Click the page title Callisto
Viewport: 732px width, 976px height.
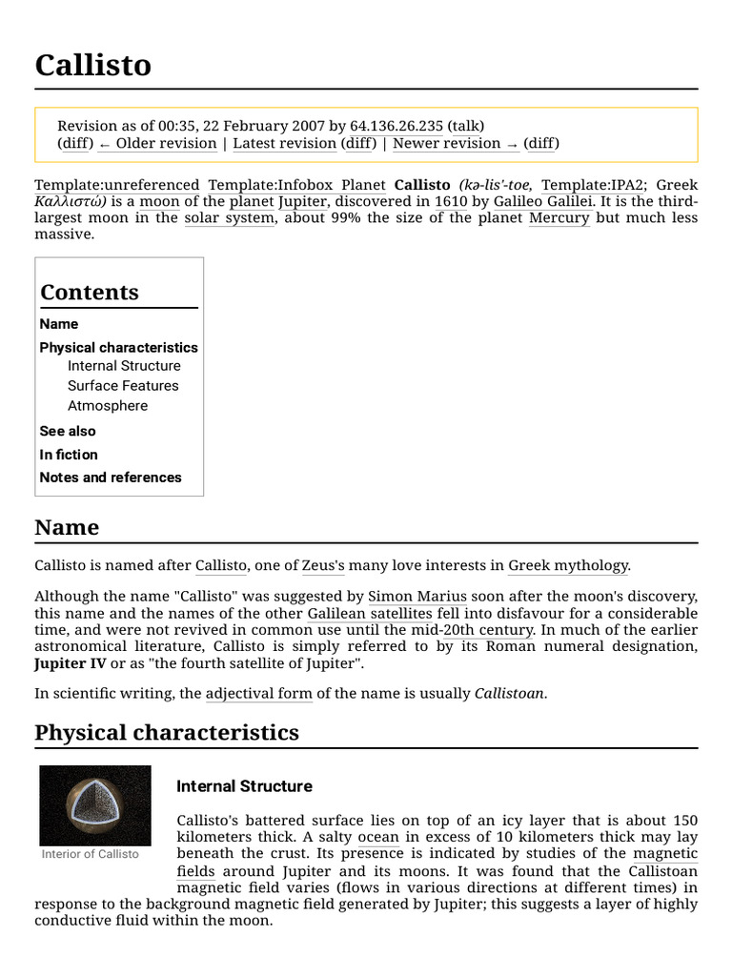[92, 65]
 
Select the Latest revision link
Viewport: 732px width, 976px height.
[284, 143]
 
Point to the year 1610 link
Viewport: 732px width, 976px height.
[450, 201]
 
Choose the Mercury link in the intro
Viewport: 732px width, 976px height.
[559, 217]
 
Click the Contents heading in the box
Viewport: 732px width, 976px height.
[90, 293]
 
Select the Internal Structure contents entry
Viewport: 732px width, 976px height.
[124, 366]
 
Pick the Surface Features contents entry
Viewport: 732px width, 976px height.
[123, 386]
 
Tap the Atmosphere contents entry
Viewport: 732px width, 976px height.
[108, 406]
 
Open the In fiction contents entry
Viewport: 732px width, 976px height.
[69, 455]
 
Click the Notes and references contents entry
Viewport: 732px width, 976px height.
[111, 478]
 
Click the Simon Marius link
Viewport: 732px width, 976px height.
[417, 597]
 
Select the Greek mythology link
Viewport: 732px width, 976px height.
[568, 565]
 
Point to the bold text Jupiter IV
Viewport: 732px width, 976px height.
[71, 663]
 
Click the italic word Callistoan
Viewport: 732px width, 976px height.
[510, 694]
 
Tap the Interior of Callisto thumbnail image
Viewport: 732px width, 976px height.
[95, 804]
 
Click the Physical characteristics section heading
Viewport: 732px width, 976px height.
[167, 732]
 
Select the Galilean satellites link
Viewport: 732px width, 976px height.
[370, 614]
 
